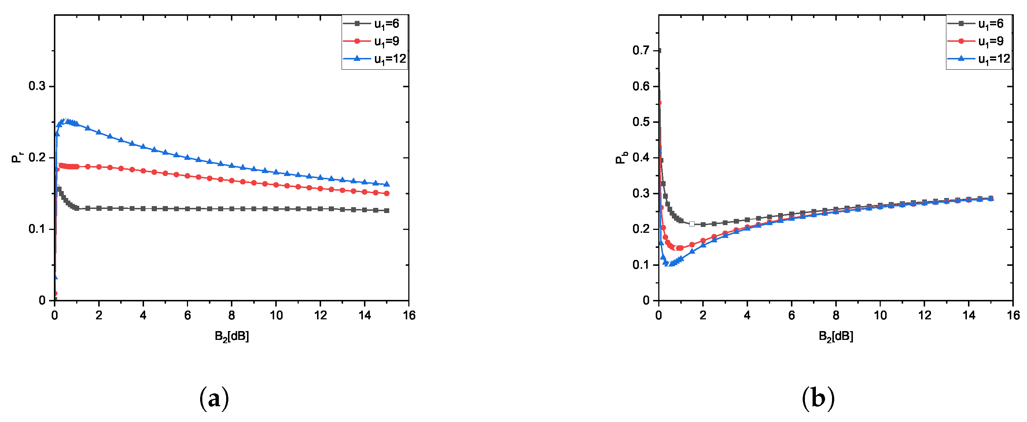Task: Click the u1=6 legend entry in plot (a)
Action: click(375, 24)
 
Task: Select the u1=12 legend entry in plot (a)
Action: click(375, 59)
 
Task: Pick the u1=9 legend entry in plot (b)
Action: click(979, 41)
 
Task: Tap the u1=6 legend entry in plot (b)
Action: click(979, 24)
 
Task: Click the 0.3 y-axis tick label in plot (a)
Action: click(37, 86)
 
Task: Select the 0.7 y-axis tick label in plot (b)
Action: click(641, 51)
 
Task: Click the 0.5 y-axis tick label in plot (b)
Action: click(641, 122)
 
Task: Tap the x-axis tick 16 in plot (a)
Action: click(409, 316)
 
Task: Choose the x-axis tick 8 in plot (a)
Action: click(232, 316)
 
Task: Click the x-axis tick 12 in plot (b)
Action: click(924, 316)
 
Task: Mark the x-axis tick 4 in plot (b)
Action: click(747, 316)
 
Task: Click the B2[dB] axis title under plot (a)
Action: click(232, 337)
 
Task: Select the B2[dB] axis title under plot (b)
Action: click(836, 337)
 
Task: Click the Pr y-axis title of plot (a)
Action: click(17, 158)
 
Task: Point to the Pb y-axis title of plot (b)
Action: click(621, 158)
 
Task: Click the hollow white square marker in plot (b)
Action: click(692, 224)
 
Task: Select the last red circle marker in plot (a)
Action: click(386, 194)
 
